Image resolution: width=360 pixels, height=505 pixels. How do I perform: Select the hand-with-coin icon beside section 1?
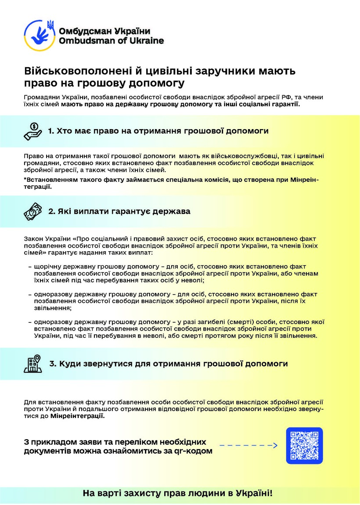pyautogui.click(x=33, y=131)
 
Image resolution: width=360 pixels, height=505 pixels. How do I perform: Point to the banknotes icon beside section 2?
pyautogui.click(x=33, y=212)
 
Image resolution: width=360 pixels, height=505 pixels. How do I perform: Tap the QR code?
pyautogui.click(x=304, y=445)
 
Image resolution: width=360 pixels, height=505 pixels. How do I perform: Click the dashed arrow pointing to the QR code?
pyautogui.click(x=248, y=446)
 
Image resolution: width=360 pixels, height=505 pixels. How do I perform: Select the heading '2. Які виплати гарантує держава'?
pyautogui.click(x=119, y=212)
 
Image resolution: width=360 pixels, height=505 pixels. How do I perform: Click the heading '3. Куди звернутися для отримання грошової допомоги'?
pyautogui.click(x=169, y=364)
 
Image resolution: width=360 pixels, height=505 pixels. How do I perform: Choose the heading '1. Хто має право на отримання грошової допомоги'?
pyautogui.click(x=158, y=131)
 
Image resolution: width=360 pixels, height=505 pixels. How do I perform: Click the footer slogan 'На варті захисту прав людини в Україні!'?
pyautogui.click(x=178, y=493)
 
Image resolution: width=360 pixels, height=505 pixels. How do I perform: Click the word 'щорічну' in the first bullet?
pyautogui.click(x=47, y=267)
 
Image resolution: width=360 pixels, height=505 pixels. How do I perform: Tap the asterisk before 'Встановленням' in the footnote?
pyautogui.click(x=25, y=180)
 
